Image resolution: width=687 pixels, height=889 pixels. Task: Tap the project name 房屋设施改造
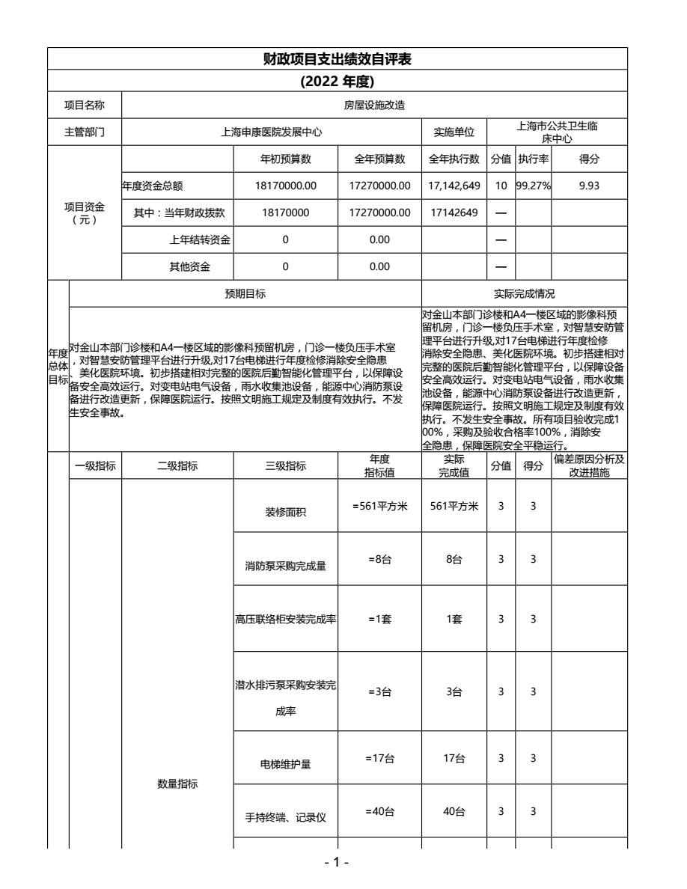pyautogui.click(x=374, y=106)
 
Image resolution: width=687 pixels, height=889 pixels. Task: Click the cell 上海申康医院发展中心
pyautogui.click(x=271, y=132)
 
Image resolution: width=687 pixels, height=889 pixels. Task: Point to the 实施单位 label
pyautogui.click(x=454, y=132)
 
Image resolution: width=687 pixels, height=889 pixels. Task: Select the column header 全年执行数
pyautogui.click(x=454, y=159)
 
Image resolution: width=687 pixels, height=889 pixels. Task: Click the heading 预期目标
pyautogui.click(x=244, y=294)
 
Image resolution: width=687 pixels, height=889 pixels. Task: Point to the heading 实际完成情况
pyautogui.click(x=523, y=294)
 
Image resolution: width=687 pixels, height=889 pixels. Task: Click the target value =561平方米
pyautogui.click(x=379, y=506)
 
